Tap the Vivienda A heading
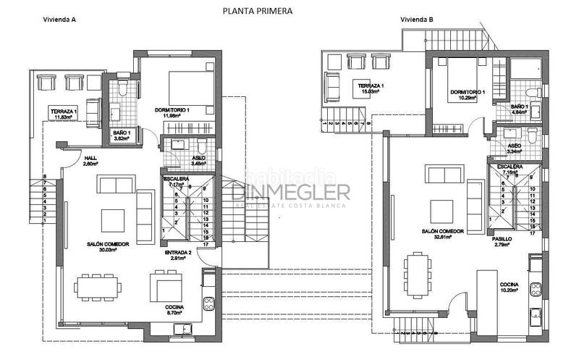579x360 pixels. [59, 20]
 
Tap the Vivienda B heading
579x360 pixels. [416, 20]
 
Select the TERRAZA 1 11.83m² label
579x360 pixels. [64, 113]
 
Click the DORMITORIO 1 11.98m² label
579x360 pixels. [173, 113]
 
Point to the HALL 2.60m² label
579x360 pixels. [90, 162]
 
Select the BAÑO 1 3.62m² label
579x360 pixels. [122, 137]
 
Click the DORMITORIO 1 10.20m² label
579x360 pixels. [467, 96]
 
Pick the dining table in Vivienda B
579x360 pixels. [416, 274]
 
